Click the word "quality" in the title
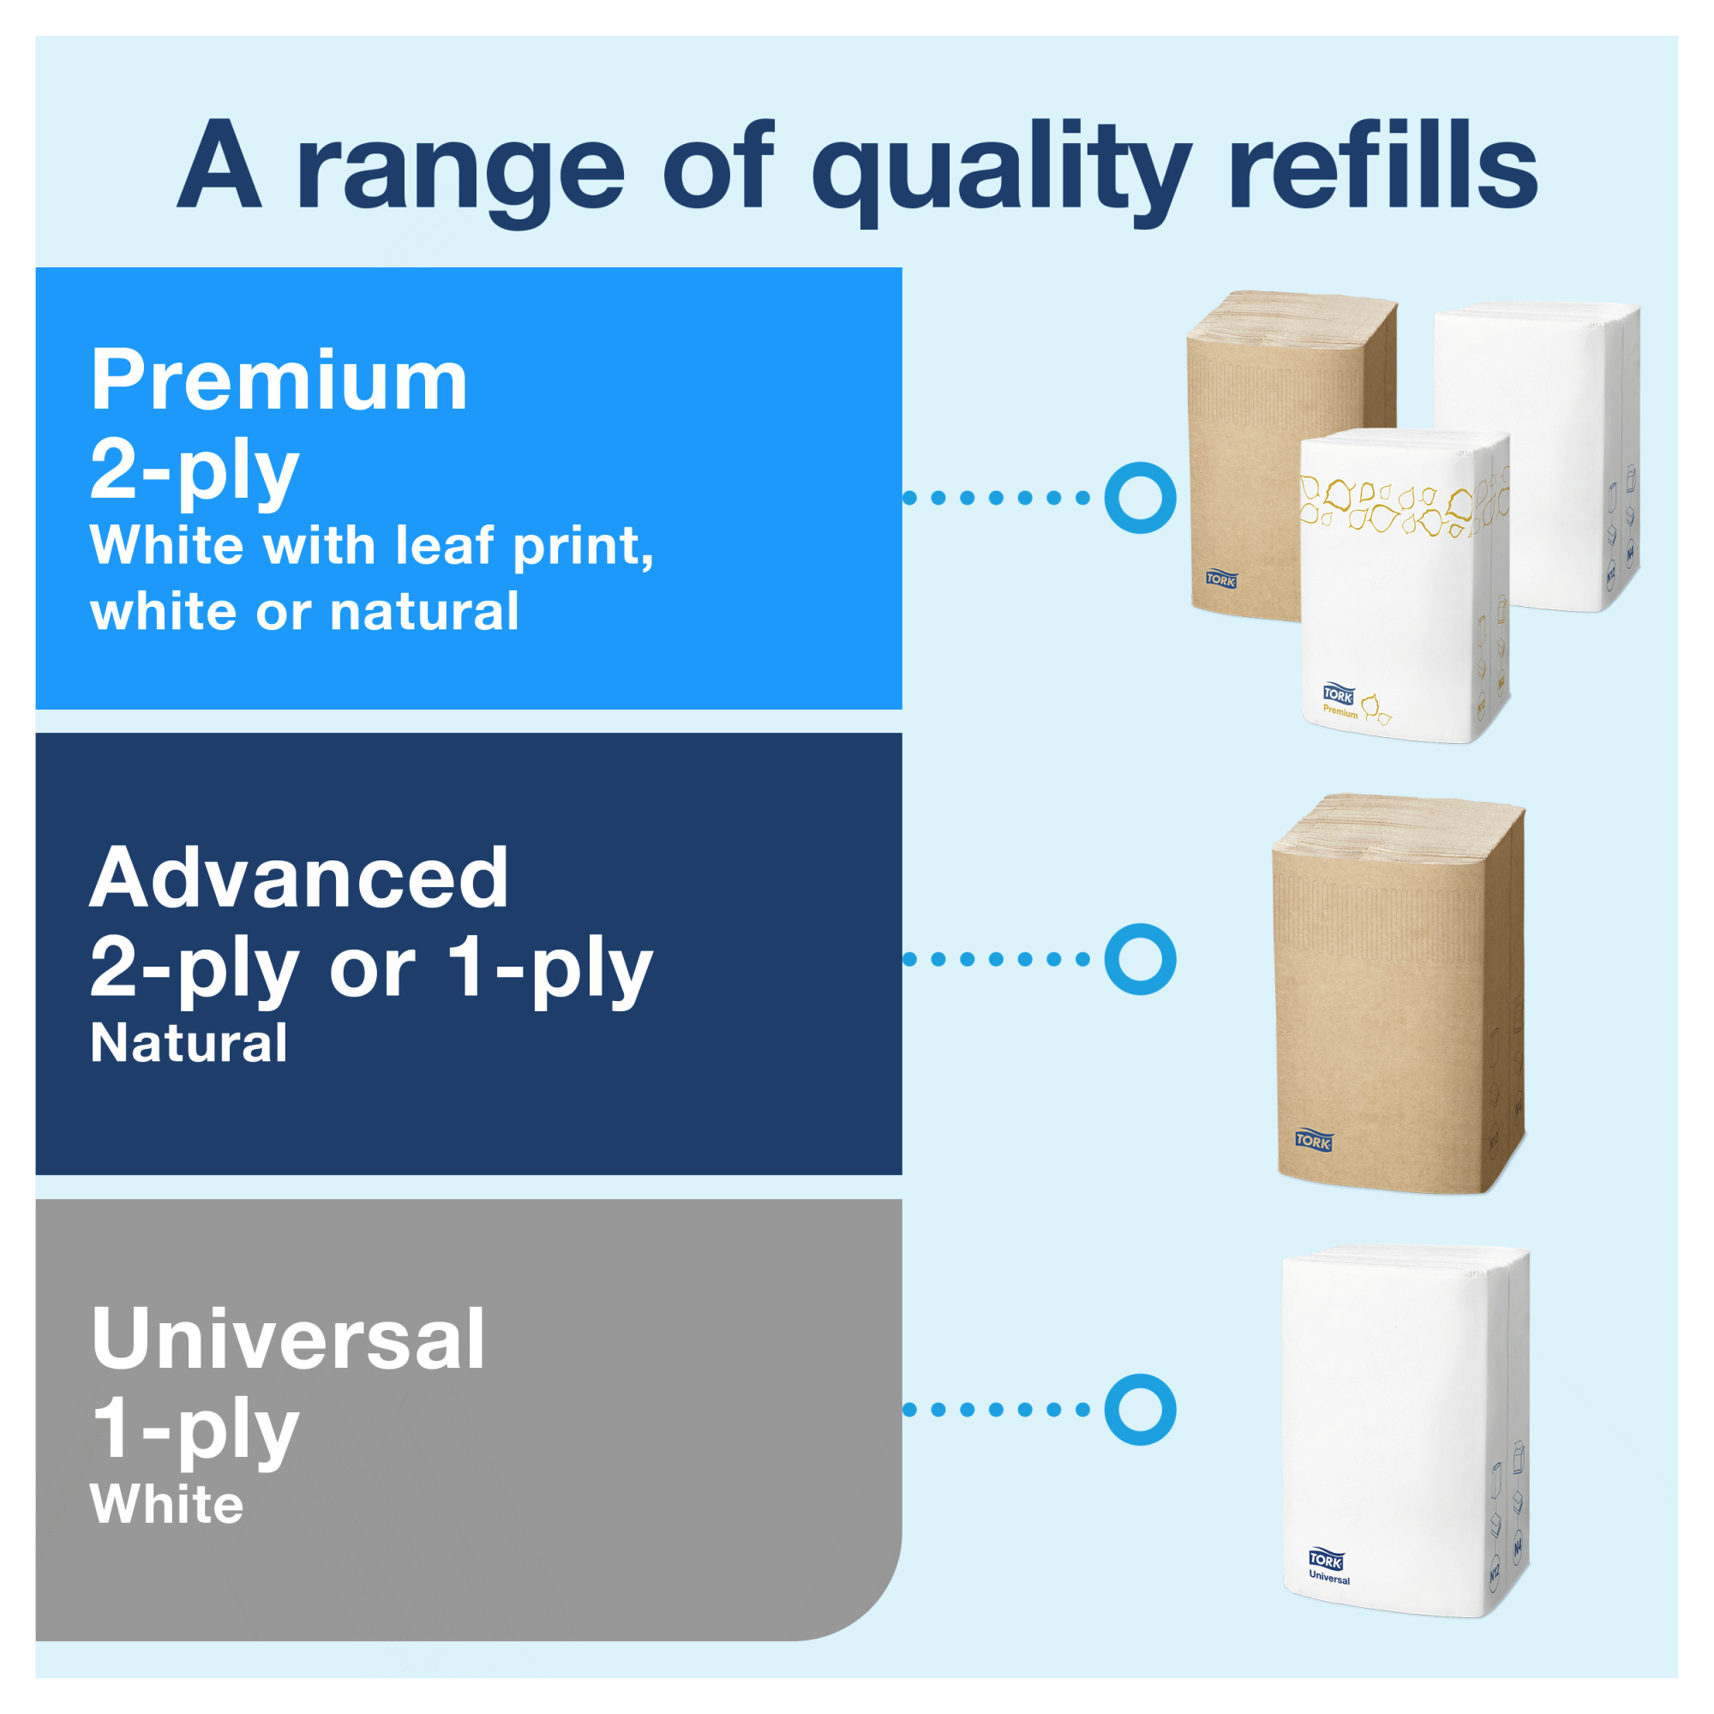click(x=1002, y=171)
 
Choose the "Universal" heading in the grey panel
click(x=288, y=1339)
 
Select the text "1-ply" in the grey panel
click(x=196, y=1430)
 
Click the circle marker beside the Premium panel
click(x=1140, y=498)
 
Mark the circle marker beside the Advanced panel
click(x=1140, y=959)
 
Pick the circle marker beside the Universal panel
click(x=1140, y=1410)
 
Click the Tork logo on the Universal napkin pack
click(x=1327, y=1559)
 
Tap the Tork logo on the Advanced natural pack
click(x=1313, y=1141)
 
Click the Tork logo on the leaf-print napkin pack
click(x=1339, y=694)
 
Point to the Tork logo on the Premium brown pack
click(x=1220, y=579)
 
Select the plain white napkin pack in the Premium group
click(x=1537, y=457)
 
